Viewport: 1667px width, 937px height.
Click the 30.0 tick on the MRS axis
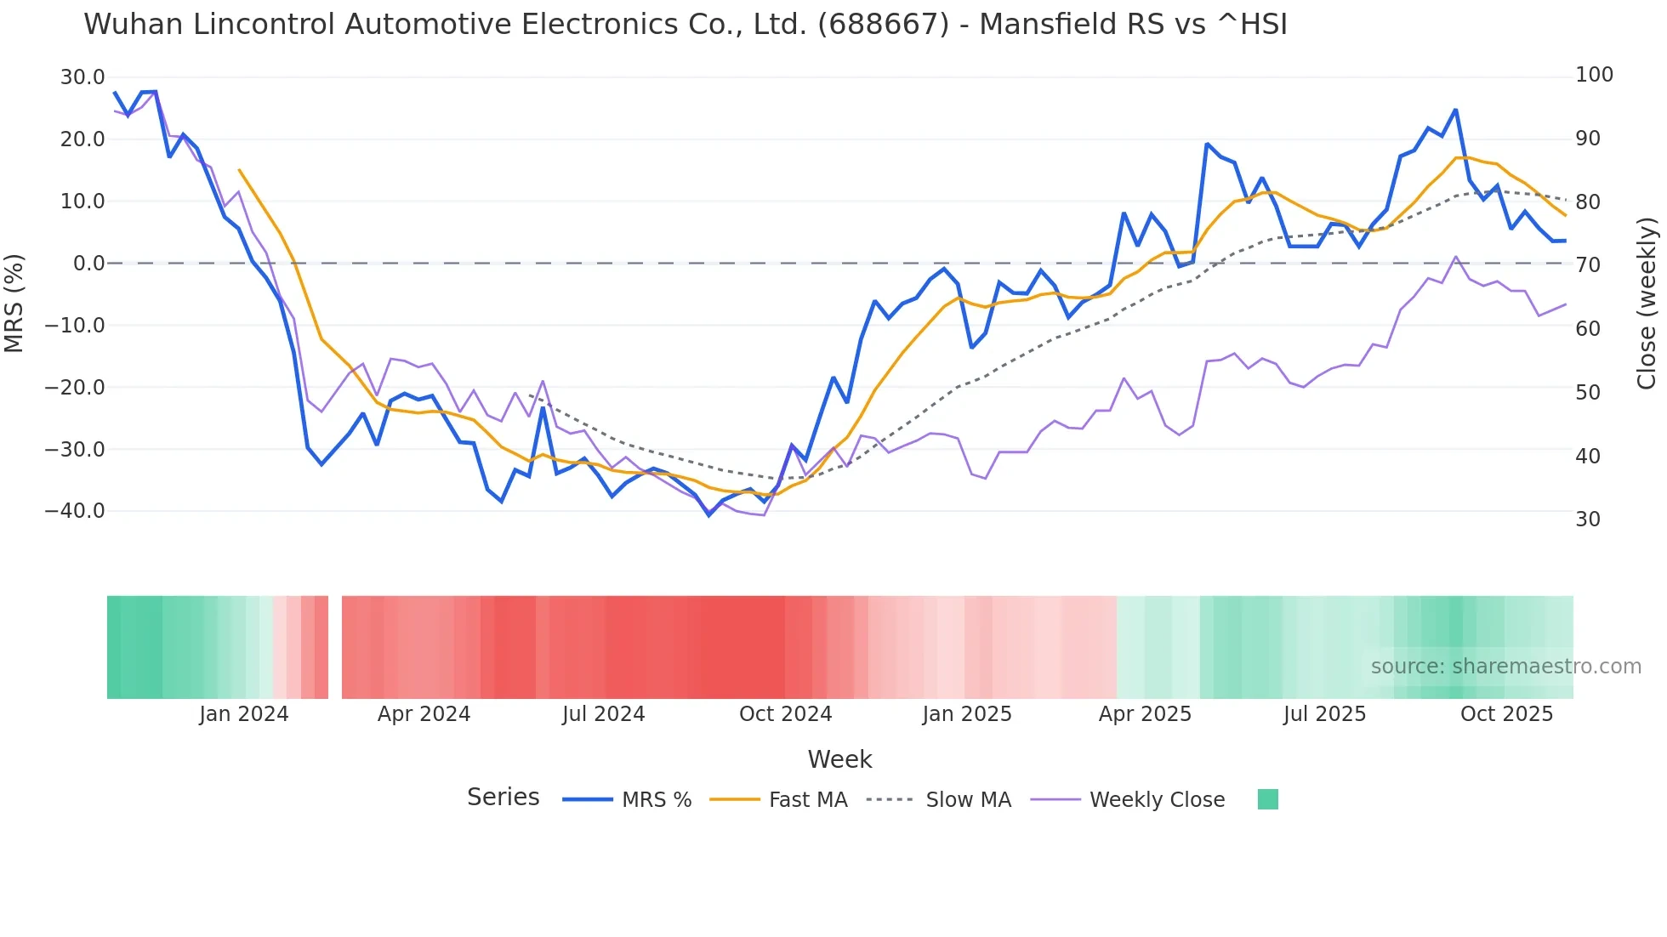click(82, 77)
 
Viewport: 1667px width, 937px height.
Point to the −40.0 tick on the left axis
click(75, 511)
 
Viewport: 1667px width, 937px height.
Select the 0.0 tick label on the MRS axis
click(88, 264)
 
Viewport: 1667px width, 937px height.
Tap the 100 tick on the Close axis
click(1594, 75)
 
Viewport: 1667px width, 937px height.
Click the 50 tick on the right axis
click(1587, 393)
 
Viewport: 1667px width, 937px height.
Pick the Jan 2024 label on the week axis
click(244, 714)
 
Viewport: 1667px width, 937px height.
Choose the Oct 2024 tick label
click(785, 714)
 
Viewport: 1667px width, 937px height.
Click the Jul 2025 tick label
click(1324, 714)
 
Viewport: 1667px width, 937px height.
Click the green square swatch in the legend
click(1267, 799)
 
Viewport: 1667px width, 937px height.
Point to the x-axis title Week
click(839, 759)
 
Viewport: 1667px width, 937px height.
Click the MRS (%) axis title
click(14, 303)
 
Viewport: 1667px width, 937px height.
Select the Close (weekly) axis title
click(1647, 303)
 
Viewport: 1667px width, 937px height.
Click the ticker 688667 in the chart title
click(883, 25)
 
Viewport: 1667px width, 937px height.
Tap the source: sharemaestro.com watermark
click(1505, 667)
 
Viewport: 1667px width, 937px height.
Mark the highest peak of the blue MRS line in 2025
click(1455, 110)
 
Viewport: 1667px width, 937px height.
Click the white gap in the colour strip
click(335, 647)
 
